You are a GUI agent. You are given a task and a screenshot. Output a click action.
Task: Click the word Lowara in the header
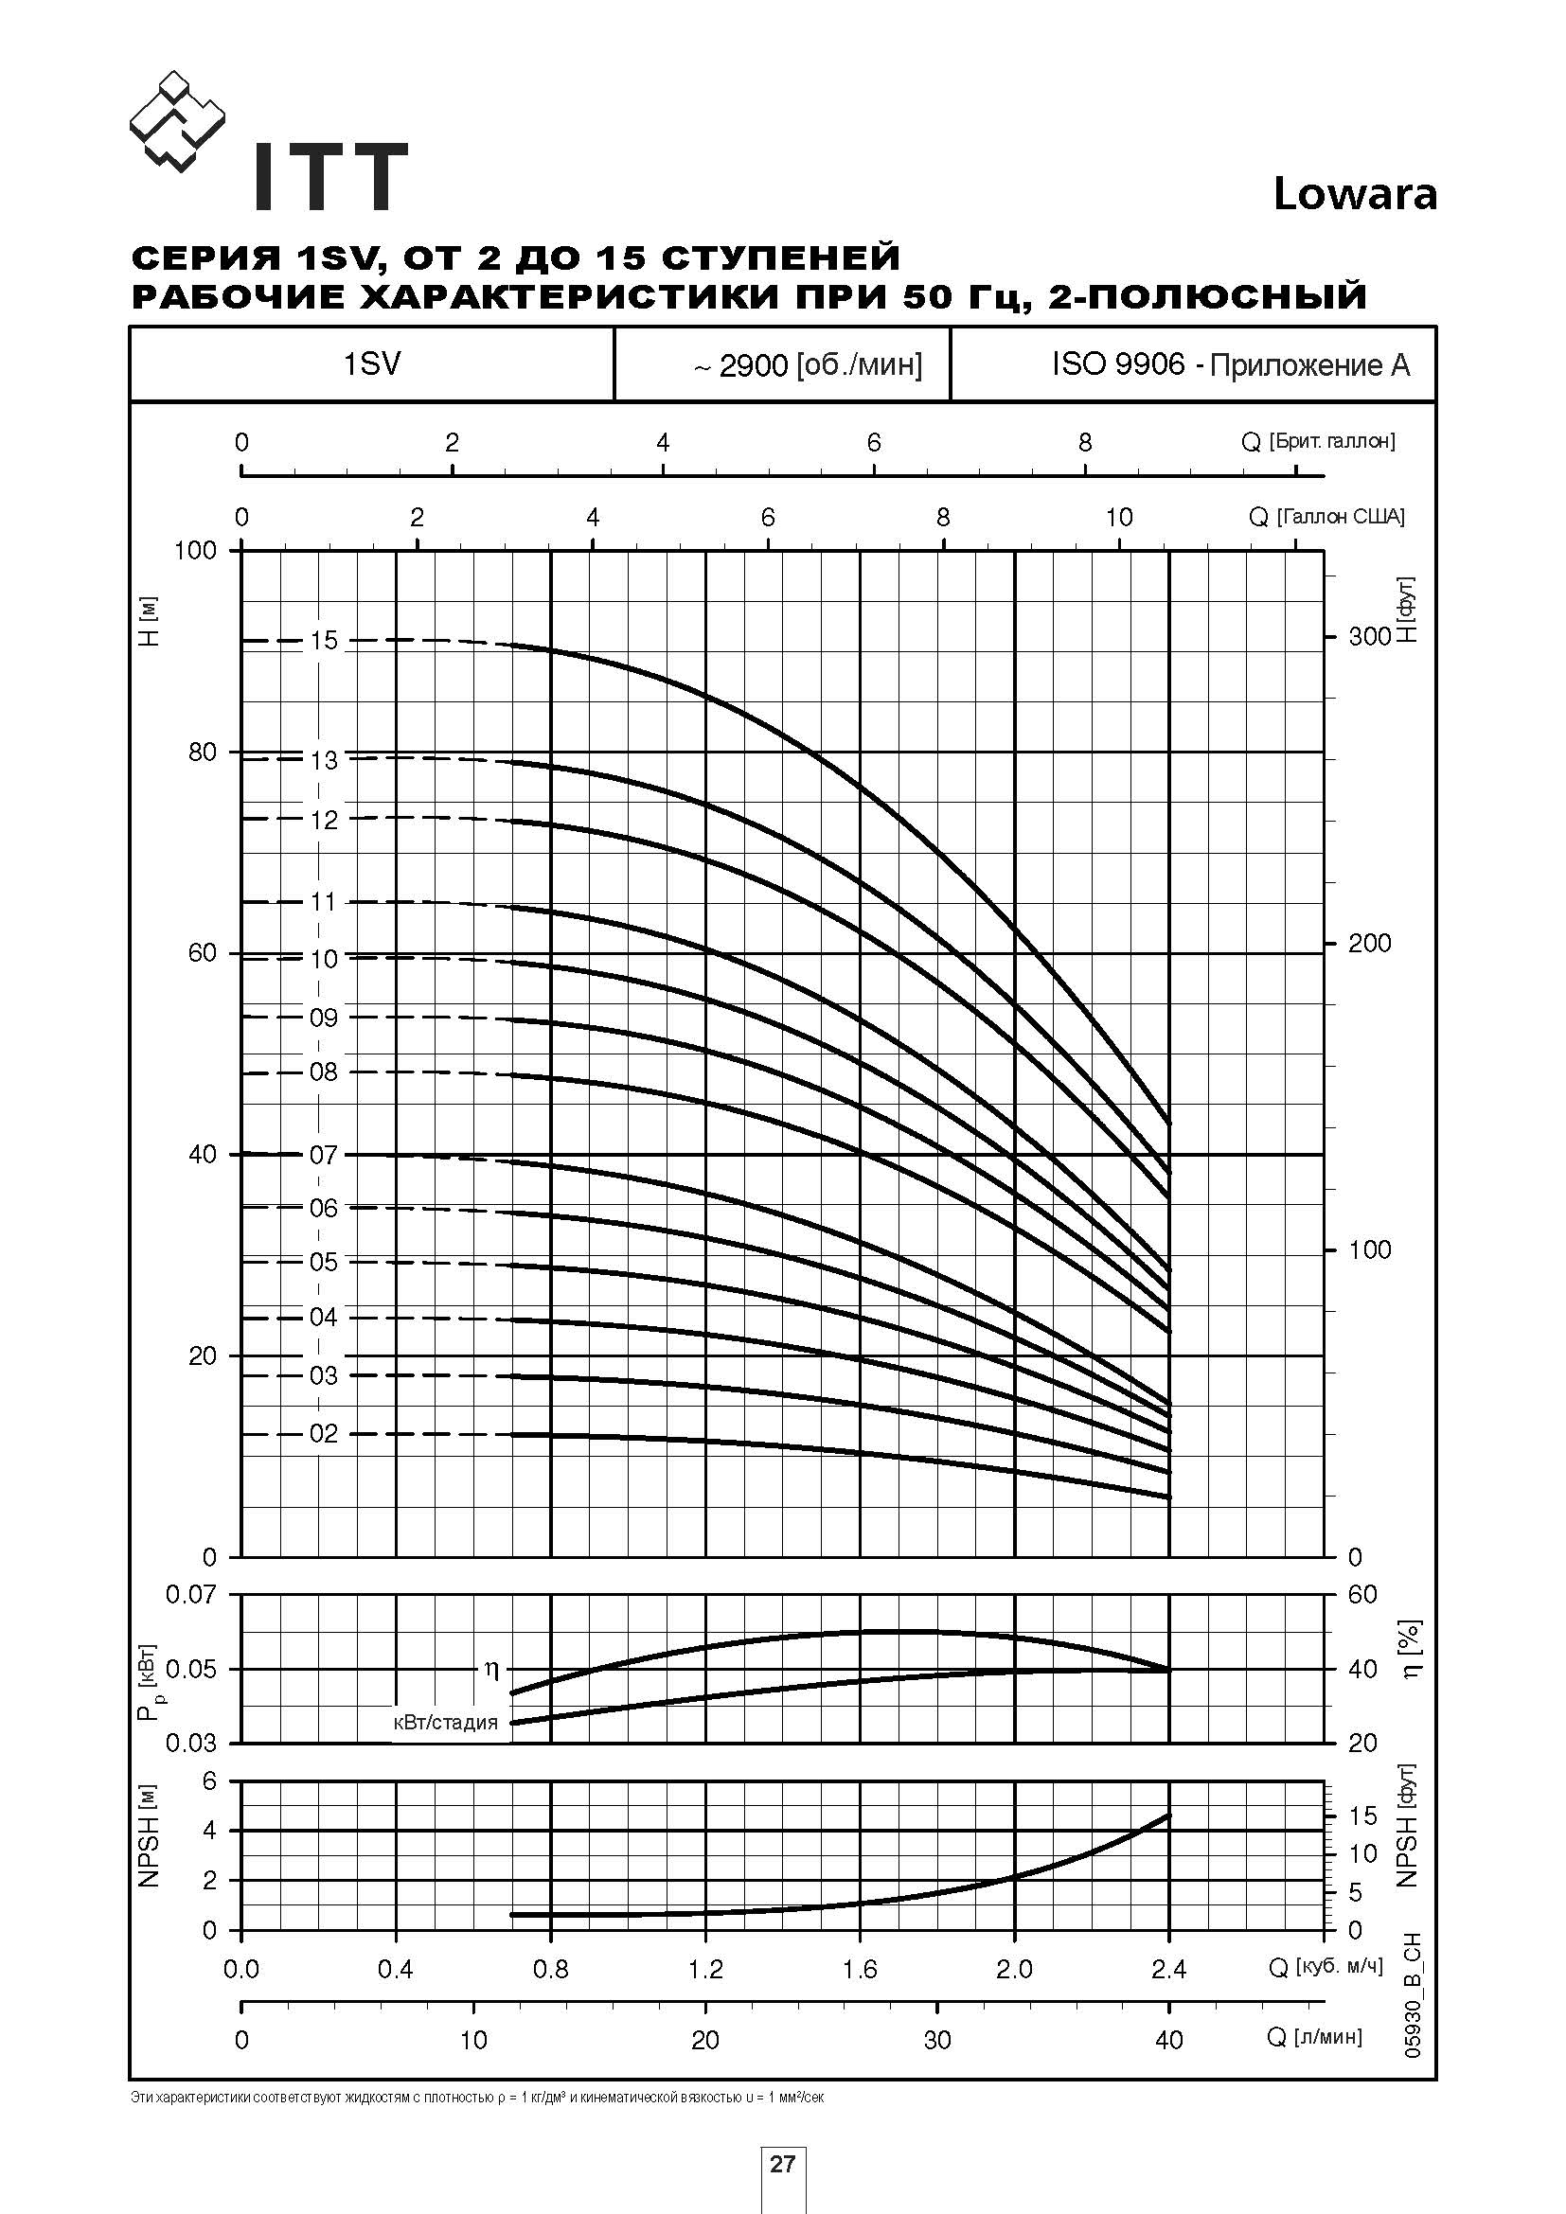tap(1354, 195)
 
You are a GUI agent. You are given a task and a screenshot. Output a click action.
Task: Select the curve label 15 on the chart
tap(324, 640)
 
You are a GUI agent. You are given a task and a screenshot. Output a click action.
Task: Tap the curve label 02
tap(324, 1434)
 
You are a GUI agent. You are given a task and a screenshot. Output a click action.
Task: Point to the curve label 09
tap(324, 1018)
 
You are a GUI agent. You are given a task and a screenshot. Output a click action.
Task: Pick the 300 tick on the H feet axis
tap(1369, 635)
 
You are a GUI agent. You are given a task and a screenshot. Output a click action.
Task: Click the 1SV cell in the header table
tap(371, 363)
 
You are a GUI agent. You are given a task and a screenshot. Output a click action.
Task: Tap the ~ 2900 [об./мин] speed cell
tap(807, 365)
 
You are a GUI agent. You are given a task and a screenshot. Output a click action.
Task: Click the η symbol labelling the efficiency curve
tap(491, 1669)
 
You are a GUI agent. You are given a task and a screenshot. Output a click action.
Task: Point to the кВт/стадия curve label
tap(446, 1722)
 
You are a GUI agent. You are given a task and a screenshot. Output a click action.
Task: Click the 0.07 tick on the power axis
tap(191, 1594)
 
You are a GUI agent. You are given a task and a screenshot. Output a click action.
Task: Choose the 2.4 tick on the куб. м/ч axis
tap(1168, 1970)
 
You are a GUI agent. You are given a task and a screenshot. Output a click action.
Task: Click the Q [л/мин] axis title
tap(1313, 2037)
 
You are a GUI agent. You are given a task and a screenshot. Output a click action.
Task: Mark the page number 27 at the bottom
tap(782, 2164)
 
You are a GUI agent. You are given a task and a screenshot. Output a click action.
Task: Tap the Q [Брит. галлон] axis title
tap(1317, 442)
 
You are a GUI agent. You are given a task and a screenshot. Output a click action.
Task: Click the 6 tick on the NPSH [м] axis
tap(209, 1781)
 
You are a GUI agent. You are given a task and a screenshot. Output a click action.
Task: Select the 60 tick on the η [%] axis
tap(1361, 1594)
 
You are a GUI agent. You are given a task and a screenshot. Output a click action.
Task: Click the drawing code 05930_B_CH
tap(1414, 1996)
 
